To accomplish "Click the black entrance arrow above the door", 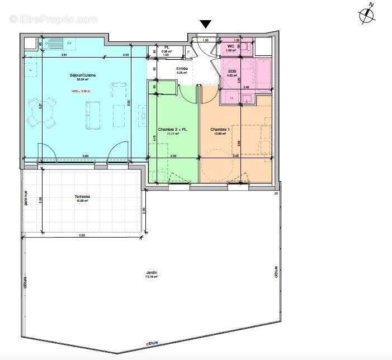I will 206,24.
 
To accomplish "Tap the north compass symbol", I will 367,15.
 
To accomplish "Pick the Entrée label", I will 183,68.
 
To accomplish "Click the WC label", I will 230,46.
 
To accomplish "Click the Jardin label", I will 148,272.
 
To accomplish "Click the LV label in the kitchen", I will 70,43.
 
